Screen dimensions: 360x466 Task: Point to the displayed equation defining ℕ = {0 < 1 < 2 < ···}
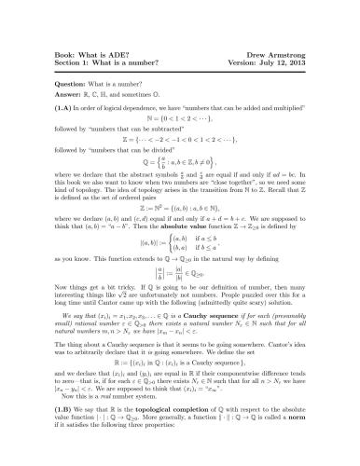pos(179,119)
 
